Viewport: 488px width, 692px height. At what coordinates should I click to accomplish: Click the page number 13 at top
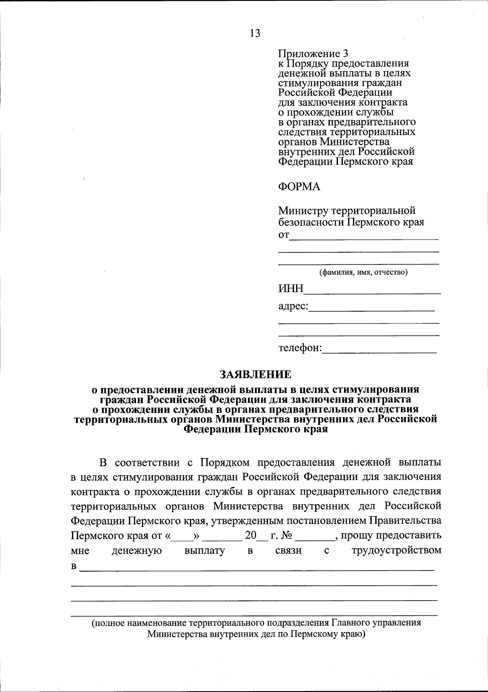coord(255,33)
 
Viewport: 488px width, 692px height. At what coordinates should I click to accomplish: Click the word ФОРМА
coord(299,187)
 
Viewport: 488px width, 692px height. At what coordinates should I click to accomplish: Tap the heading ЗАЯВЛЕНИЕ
coord(256,374)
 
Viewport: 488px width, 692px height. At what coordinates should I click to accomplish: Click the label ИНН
coord(291,289)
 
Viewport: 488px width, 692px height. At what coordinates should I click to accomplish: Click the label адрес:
coord(293,306)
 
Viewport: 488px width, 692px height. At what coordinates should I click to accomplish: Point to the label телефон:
coord(300,348)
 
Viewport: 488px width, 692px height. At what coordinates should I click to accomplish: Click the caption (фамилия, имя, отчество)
coord(363,272)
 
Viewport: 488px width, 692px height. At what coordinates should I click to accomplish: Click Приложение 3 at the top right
coord(313,54)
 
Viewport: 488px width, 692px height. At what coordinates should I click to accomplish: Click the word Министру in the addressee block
coord(303,211)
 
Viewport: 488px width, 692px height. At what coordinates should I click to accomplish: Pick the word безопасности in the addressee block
coord(311,222)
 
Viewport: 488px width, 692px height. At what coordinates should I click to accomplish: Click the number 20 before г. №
coord(251,536)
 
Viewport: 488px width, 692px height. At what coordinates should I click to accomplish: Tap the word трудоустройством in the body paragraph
coord(396,551)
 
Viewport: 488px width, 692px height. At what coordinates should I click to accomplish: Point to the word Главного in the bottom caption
coord(350,623)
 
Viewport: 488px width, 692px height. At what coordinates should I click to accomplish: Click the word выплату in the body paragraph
coord(204,551)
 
